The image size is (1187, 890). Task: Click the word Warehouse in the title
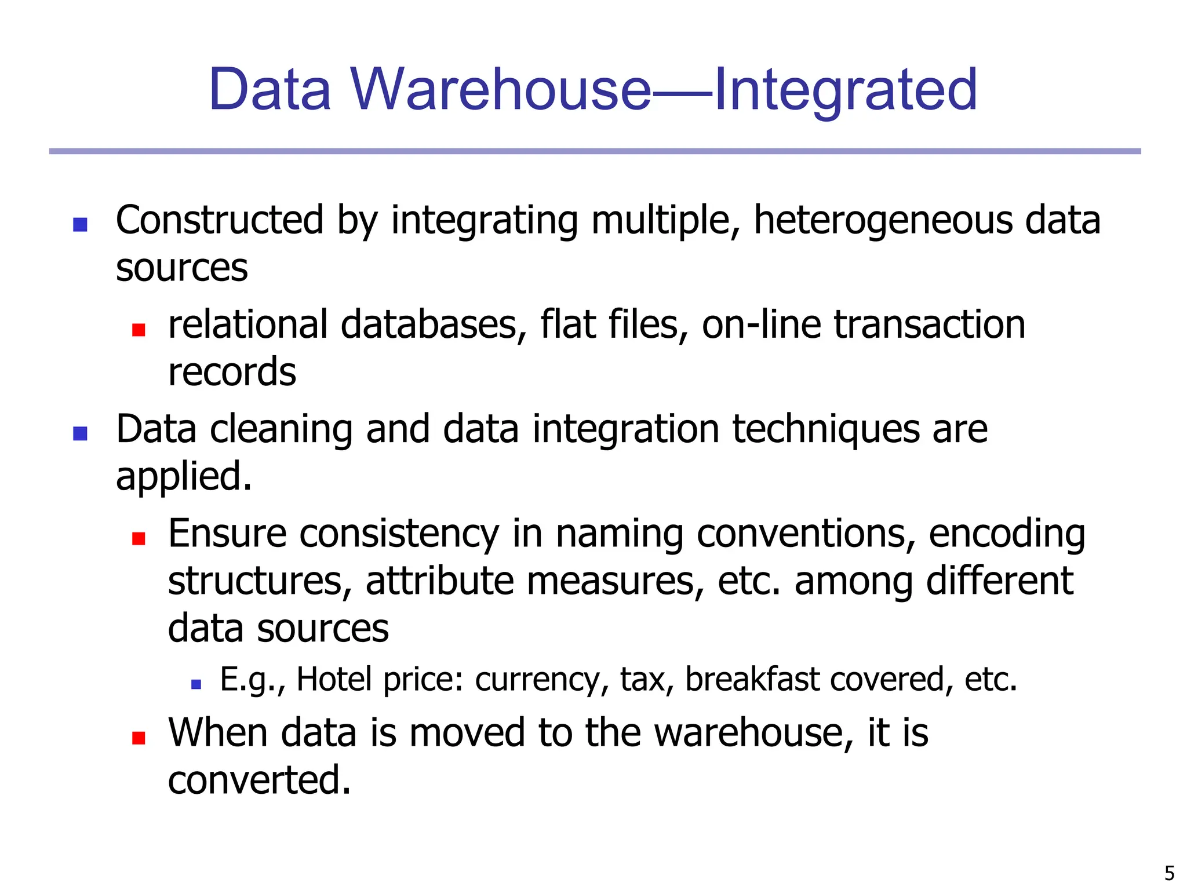[x=501, y=89]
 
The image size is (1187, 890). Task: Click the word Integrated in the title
[x=846, y=90]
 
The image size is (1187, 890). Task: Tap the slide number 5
[x=1169, y=873]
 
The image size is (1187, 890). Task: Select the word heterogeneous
[x=882, y=220]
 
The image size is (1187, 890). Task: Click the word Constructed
[x=220, y=220]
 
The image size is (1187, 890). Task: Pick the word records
[x=232, y=372]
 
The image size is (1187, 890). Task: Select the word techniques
[x=825, y=430]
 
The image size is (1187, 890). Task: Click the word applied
[x=183, y=477]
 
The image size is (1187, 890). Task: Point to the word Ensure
[x=227, y=534]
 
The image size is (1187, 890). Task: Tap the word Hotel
[x=334, y=680]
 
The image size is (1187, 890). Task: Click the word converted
[x=258, y=780]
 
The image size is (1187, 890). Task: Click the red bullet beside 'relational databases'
[x=139, y=330]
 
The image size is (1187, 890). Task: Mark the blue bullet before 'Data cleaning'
[x=80, y=433]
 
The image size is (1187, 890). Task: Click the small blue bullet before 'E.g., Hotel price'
[x=196, y=685]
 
